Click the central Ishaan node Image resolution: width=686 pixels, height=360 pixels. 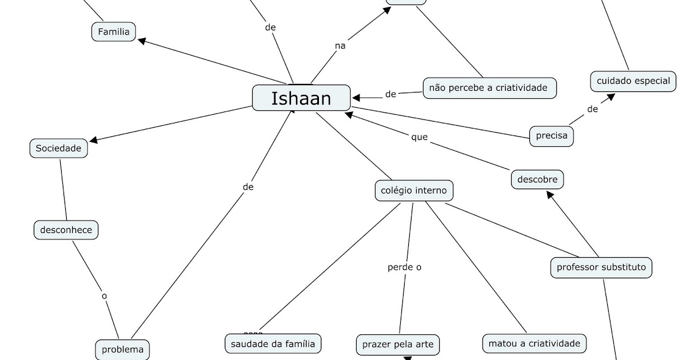[x=301, y=98]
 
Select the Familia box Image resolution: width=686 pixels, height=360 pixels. [x=114, y=31]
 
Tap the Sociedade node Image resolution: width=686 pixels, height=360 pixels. [x=58, y=149]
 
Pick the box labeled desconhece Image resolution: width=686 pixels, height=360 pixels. [x=66, y=230]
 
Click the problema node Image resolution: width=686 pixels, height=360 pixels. [x=122, y=349]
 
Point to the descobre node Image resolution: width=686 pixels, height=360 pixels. [x=537, y=179]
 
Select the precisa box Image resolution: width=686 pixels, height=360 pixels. [x=551, y=136]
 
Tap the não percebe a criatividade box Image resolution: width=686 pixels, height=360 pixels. [x=489, y=87]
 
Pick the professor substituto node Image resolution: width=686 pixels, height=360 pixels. [x=601, y=267]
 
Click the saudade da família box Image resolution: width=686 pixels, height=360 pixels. [x=273, y=343]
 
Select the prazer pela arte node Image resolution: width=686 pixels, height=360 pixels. [x=398, y=345]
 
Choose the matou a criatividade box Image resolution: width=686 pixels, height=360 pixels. [x=534, y=343]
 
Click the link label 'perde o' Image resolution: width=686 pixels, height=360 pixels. [x=404, y=267]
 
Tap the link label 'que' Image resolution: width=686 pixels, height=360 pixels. [x=419, y=137]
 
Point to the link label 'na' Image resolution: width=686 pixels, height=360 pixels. [x=340, y=46]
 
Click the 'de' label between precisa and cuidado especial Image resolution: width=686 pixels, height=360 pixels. [x=592, y=109]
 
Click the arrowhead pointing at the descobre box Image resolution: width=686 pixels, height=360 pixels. [x=549, y=194]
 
